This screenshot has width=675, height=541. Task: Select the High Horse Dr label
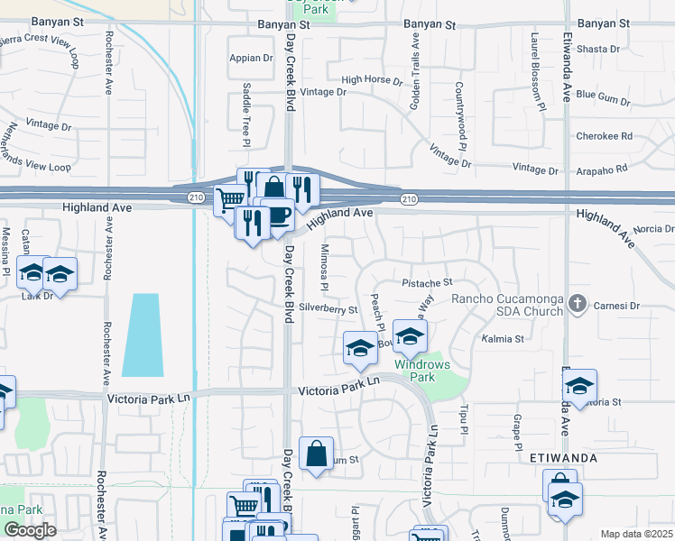click(x=372, y=80)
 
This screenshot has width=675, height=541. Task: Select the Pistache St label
click(x=426, y=283)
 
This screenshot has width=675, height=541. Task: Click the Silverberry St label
click(x=328, y=309)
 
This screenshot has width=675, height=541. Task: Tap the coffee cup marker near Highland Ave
click(x=278, y=215)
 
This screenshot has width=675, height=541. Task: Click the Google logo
click(x=30, y=529)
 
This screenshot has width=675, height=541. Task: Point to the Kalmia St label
click(x=506, y=339)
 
